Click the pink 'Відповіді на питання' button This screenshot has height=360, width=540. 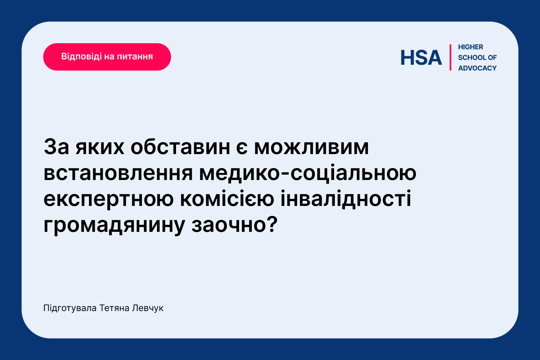(107, 57)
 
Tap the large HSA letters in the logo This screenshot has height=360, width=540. (421, 58)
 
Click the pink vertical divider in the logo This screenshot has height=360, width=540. (450, 57)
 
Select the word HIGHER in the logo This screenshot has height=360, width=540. (471, 47)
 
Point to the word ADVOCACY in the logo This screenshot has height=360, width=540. (477, 68)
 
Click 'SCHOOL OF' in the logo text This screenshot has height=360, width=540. (477, 58)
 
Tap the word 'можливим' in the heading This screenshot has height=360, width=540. (311, 147)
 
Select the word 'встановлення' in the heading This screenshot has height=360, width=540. (118, 174)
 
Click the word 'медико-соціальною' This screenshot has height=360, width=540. (308, 173)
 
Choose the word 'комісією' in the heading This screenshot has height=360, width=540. (227, 199)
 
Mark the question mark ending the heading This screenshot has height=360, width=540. (272, 224)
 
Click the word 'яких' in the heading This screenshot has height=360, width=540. (100, 147)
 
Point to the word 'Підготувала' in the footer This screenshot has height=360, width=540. (70, 309)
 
